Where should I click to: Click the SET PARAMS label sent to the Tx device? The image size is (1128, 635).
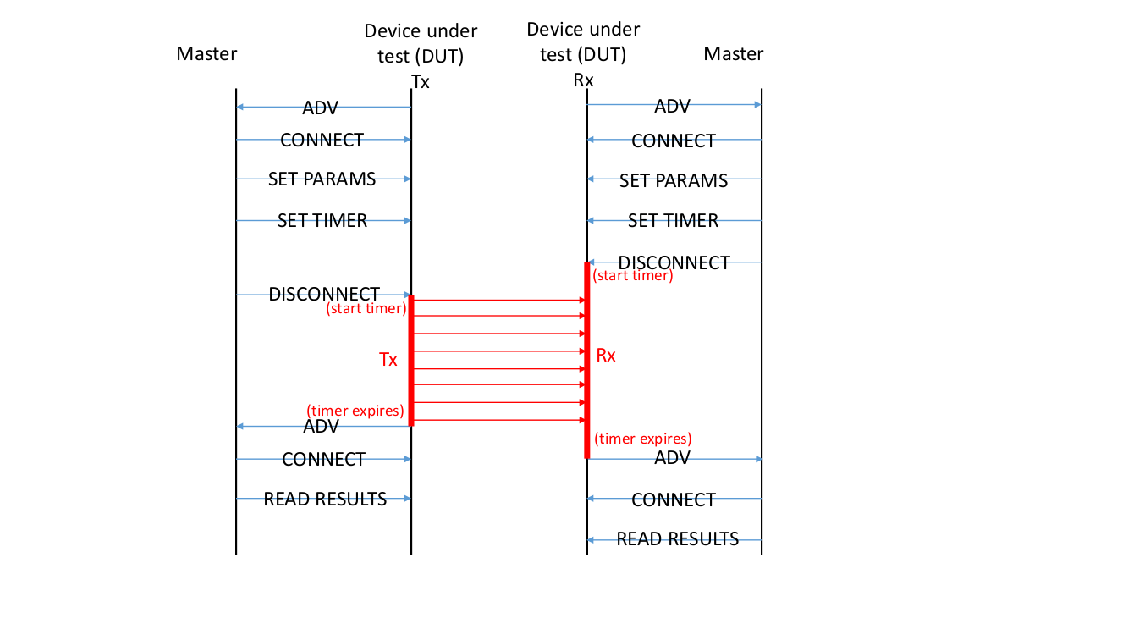pyautogui.click(x=322, y=179)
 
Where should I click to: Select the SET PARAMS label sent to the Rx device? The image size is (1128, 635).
pyautogui.click(x=673, y=180)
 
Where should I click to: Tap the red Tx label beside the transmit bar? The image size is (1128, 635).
pyautogui.click(x=388, y=359)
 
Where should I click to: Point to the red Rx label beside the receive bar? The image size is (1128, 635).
pyautogui.click(x=606, y=356)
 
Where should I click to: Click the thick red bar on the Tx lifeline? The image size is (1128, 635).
pyautogui.click(x=411, y=360)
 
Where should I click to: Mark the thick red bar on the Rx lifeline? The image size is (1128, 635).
pyautogui.click(x=586, y=360)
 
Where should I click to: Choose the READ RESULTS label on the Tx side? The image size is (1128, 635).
pyautogui.click(x=325, y=499)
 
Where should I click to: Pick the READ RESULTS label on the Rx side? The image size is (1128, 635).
pyautogui.click(x=677, y=538)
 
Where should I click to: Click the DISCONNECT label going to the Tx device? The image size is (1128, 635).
pyautogui.click(x=324, y=295)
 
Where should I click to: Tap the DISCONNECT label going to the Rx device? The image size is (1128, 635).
pyautogui.click(x=674, y=262)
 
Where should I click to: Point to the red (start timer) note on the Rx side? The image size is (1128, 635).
pyautogui.click(x=633, y=275)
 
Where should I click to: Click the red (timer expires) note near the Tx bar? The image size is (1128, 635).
pyautogui.click(x=355, y=411)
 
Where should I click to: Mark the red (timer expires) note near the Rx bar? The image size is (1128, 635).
pyautogui.click(x=643, y=439)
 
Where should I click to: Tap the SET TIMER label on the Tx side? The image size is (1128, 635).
pyautogui.click(x=322, y=221)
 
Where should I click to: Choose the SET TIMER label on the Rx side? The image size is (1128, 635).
pyautogui.click(x=673, y=221)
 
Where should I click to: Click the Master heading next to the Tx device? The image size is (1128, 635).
pyautogui.click(x=206, y=54)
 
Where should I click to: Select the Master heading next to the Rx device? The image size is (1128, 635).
pyautogui.click(x=734, y=54)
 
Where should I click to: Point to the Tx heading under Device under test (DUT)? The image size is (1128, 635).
pyautogui.click(x=421, y=81)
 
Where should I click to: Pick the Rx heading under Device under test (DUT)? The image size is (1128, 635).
pyautogui.click(x=583, y=80)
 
